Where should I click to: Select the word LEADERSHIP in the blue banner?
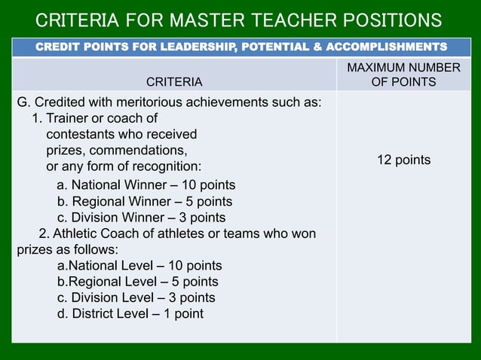[195, 47]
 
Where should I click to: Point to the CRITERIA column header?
[173, 81]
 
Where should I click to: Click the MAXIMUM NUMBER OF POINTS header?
[403, 75]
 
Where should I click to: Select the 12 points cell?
[403, 160]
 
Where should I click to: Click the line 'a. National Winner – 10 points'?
[146, 185]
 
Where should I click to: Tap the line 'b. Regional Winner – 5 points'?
[145, 202]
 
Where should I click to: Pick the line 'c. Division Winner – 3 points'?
[142, 218]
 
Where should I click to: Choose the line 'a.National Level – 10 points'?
[139, 266]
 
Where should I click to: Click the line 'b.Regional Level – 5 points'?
[138, 282]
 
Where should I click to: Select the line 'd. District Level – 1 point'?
[130, 313]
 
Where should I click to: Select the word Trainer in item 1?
[69, 118]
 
